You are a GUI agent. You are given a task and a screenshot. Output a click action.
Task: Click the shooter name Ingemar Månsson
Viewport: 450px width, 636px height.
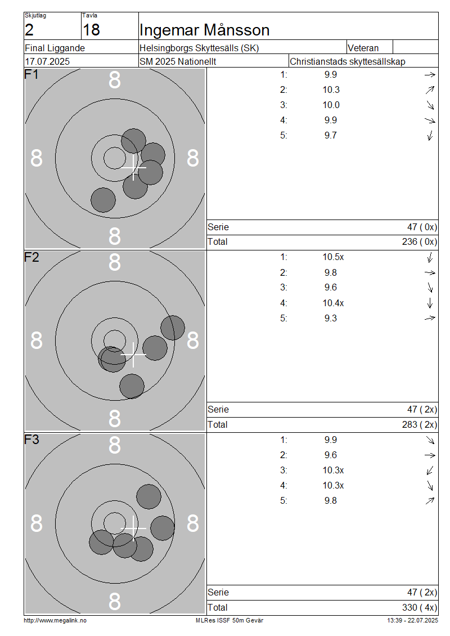204,30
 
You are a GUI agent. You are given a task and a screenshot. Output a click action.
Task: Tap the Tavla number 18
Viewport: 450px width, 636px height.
91,30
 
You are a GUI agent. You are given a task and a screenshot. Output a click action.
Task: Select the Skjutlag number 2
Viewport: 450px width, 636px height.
29,30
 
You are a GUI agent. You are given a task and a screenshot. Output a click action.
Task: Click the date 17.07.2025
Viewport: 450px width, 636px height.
47,62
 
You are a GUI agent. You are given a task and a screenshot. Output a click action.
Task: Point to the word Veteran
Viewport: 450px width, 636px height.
363,48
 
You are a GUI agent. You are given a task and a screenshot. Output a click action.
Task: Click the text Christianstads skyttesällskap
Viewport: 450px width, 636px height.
348,62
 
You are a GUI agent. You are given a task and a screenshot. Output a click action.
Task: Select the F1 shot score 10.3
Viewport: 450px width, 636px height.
331,89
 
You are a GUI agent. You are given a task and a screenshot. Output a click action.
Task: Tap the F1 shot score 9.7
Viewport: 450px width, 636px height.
330,136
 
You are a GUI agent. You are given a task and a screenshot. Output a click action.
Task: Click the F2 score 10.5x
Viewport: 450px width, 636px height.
333,257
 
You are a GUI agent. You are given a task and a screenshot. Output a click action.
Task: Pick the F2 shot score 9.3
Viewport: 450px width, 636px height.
330,319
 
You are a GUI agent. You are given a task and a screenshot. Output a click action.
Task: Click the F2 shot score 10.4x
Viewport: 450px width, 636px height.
333,303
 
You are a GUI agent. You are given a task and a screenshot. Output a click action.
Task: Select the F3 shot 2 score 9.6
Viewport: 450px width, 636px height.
330,455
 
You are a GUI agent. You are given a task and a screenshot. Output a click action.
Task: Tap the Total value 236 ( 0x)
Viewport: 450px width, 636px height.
420,242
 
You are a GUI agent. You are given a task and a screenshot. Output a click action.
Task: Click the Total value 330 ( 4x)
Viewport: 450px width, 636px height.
420,608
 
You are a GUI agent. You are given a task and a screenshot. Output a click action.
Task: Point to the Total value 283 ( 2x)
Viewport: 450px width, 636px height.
420,425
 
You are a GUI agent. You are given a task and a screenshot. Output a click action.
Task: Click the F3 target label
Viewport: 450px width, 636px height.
31,440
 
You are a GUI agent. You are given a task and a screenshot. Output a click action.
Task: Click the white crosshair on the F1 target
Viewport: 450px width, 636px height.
133,167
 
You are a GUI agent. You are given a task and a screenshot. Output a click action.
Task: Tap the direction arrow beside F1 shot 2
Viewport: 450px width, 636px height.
430,90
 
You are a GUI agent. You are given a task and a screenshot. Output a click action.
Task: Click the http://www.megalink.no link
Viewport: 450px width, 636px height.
55,621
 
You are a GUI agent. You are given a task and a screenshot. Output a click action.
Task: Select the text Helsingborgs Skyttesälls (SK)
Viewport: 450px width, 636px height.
199,48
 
